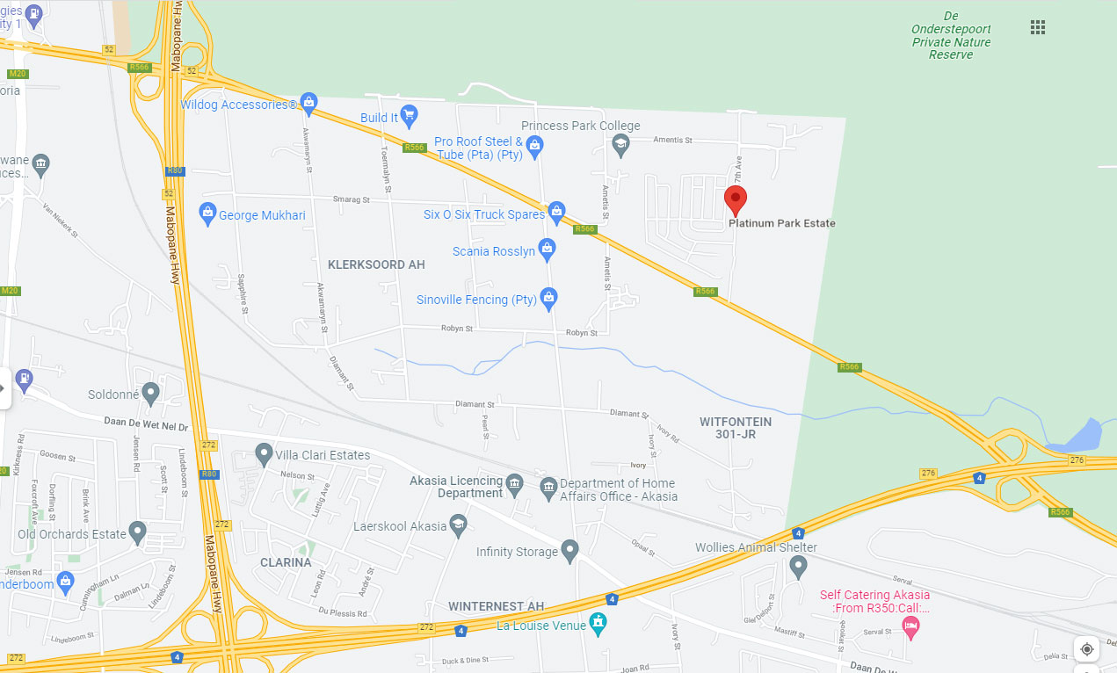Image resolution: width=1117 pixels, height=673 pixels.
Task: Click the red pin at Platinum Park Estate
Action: click(736, 199)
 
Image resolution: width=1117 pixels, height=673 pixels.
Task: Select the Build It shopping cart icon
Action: click(409, 115)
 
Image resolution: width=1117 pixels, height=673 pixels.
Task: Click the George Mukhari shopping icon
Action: click(207, 213)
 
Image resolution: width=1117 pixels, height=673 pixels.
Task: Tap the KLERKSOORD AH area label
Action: click(376, 264)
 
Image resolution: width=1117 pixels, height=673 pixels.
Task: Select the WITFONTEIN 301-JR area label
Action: click(736, 428)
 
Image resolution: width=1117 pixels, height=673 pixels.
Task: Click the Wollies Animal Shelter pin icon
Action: click(798, 567)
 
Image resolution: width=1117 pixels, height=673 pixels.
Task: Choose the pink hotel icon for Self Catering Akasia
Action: click(911, 626)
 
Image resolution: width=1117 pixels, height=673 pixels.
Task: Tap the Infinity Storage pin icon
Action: click(570, 551)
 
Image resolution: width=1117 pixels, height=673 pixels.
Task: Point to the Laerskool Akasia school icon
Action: click(458, 526)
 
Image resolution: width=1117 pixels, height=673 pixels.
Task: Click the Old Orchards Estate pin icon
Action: click(137, 532)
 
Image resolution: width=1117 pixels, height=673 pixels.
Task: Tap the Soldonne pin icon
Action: click(151, 393)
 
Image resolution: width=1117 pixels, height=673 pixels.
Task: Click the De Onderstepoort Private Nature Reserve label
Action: click(950, 35)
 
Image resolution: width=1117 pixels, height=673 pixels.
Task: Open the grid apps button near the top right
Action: click(1038, 27)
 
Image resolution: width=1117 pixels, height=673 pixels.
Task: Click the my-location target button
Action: click(1087, 649)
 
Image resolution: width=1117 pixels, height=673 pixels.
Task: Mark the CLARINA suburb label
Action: click(286, 562)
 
